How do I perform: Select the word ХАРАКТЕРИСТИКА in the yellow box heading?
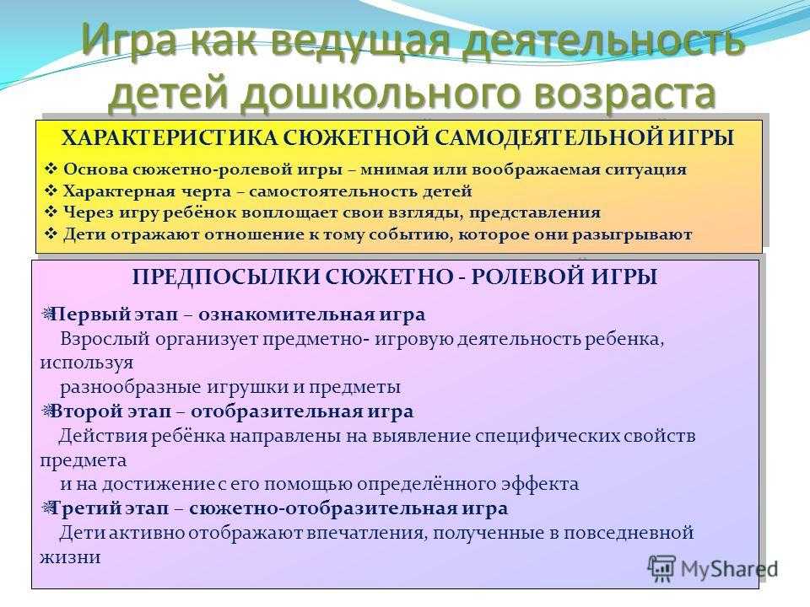170,138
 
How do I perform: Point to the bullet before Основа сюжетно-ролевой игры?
51,169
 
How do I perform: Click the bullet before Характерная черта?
51,191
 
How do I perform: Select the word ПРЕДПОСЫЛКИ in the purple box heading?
226,277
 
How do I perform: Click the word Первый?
91,314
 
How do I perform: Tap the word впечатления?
367,533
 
